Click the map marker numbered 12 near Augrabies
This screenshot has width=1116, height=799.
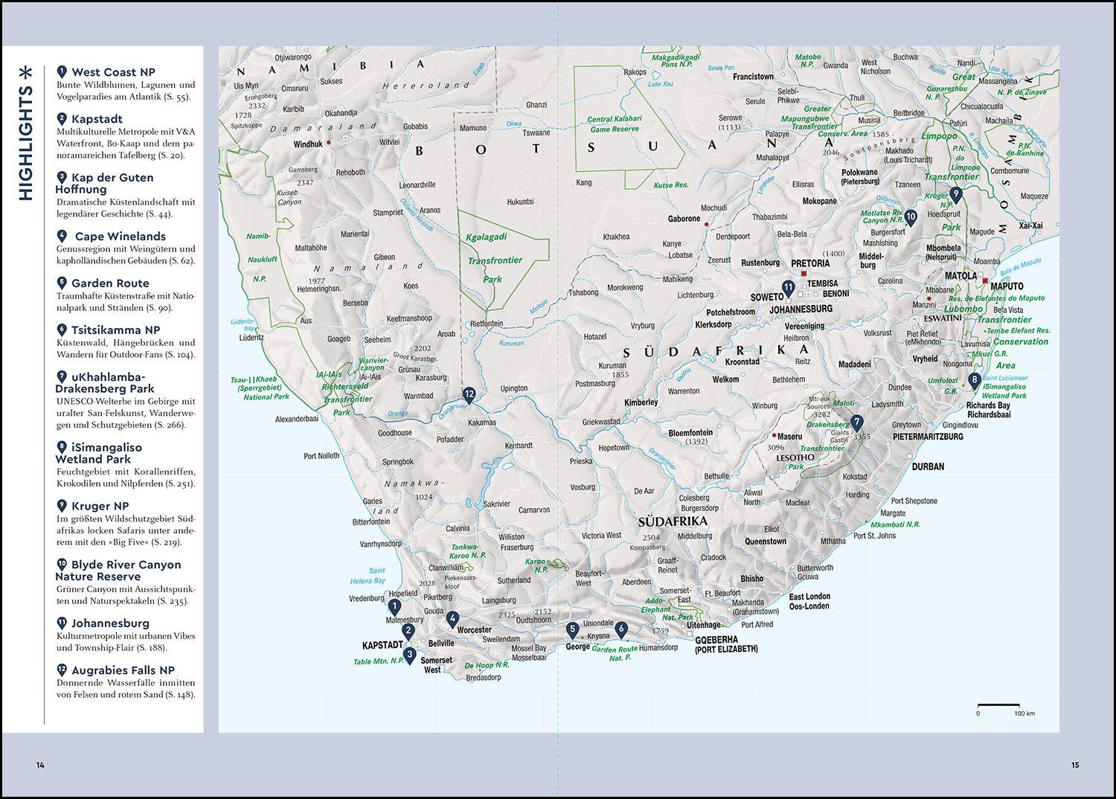[469, 395]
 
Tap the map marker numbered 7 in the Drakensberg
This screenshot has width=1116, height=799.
[857, 423]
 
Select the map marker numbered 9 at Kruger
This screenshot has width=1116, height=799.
[956, 194]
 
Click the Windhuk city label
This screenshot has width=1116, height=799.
[308, 144]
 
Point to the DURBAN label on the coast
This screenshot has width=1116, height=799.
[928, 466]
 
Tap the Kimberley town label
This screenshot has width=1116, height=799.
[641, 402]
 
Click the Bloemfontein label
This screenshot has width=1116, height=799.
[690, 432]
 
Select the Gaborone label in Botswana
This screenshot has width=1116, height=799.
[684, 219]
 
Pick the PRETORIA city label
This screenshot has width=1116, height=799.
[810, 263]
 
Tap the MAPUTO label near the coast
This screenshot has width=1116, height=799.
[1007, 286]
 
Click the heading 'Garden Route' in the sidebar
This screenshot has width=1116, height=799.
[110, 283]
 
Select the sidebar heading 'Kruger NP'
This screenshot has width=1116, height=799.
[100, 506]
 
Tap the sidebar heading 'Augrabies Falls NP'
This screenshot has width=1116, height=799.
[123, 670]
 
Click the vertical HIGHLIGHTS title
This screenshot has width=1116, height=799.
[26, 133]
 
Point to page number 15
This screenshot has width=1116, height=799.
[1075, 765]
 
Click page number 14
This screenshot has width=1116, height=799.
[40, 765]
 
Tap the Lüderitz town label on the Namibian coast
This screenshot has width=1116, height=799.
[251, 337]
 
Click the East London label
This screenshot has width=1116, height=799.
[809, 597]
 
